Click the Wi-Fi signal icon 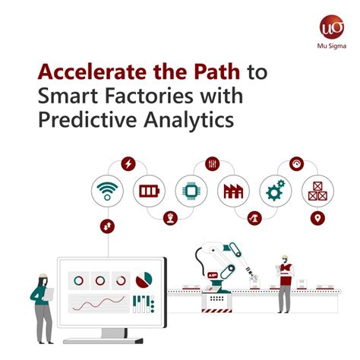(x=106, y=190)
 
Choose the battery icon (x=148, y=190)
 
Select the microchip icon (x=191, y=190)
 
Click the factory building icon (x=233, y=190)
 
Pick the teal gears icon (x=275, y=190)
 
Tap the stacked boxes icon (x=317, y=190)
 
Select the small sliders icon (x=212, y=163)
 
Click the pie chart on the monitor (x=144, y=281)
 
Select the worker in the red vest (x=285, y=281)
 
